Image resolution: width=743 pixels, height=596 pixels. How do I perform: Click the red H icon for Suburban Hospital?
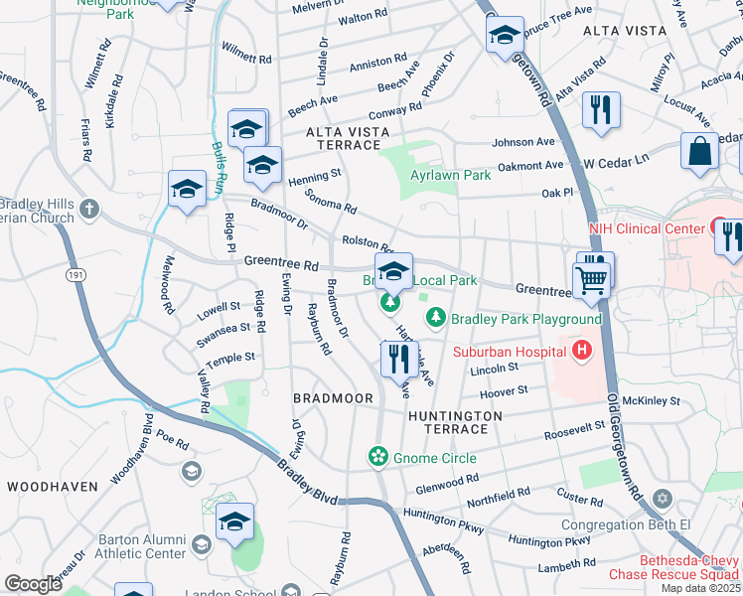pyautogui.click(x=581, y=350)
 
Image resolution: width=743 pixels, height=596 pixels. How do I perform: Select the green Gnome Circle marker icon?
pyautogui.click(x=377, y=457)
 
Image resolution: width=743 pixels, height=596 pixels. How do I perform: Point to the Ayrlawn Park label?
pyautogui.click(x=451, y=176)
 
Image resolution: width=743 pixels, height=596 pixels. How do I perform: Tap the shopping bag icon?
pyautogui.click(x=699, y=152)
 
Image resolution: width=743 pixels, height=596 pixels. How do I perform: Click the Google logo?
pyautogui.click(x=34, y=584)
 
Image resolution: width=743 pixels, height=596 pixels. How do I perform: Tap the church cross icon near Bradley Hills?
pyautogui.click(x=90, y=209)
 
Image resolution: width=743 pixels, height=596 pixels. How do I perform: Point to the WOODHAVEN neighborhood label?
pyautogui.click(x=52, y=487)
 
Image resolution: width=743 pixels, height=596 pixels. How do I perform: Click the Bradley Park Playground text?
pyautogui.click(x=526, y=319)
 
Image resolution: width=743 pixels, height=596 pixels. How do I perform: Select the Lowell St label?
pyautogui.click(x=219, y=307)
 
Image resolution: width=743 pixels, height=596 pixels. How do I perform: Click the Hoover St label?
pyautogui.click(x=503, y=392)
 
